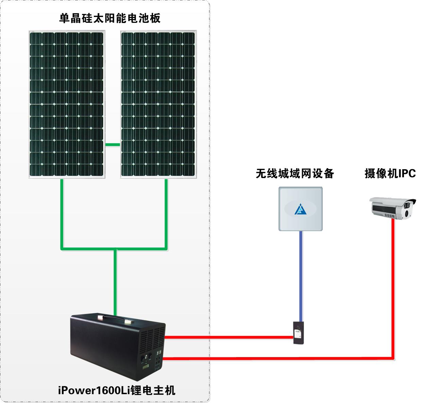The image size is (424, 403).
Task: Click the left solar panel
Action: tap(67, 104)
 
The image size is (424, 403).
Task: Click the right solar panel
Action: tap(158, 104)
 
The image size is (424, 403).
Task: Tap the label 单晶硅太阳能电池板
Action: tap(110, 18)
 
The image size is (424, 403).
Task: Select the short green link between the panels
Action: tap(113, 144)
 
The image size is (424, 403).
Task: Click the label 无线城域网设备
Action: tap(294, 174)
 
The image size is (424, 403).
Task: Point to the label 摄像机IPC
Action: tap(390, 174)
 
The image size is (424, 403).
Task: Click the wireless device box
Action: tap(301, 209)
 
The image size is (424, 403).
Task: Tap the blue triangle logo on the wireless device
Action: tap(300, 209)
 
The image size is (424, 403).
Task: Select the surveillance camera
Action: tap(392, 208)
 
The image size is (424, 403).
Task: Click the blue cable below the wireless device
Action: tap(301, 275)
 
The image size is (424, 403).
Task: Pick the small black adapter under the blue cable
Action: tap(299, 333)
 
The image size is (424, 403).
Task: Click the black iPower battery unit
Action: tap(117, 347)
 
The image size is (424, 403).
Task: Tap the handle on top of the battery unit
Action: tap(114, 319)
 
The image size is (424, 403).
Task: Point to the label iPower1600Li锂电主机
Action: tap(117, 390)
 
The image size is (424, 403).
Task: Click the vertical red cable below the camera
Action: tap(393, 289)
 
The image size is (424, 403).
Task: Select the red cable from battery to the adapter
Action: tap(228, 337)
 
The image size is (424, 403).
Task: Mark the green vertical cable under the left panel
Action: tap(62, 214)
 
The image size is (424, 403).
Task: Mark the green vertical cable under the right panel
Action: tap(166, 214)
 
